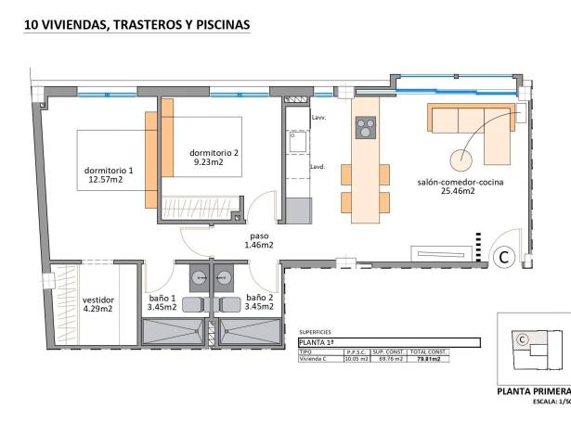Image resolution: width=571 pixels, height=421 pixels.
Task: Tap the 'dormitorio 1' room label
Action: click(109, 174)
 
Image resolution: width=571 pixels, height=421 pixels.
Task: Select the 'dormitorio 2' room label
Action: click(214, 157)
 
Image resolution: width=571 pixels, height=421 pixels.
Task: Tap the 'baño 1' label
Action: click(162, 301)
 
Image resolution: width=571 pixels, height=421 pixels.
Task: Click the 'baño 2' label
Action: click(259, 301)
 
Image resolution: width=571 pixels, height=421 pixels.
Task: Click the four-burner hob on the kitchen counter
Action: click(366, 126)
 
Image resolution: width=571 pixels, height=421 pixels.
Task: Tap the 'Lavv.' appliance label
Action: click(318, 118)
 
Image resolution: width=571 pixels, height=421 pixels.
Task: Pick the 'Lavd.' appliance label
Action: click(317, 167)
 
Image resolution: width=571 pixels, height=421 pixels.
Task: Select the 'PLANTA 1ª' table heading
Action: click(318, 343)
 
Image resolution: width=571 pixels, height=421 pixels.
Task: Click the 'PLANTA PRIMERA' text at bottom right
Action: click(533, 391)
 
